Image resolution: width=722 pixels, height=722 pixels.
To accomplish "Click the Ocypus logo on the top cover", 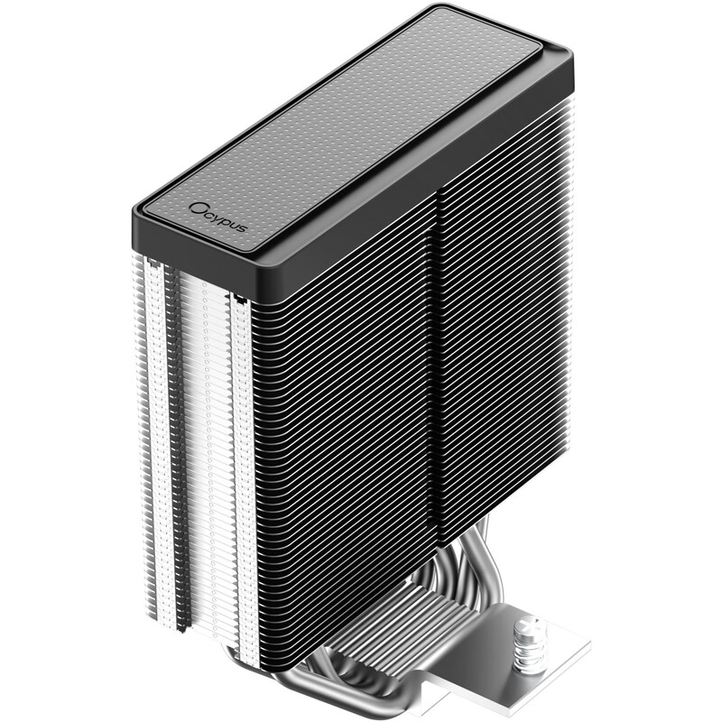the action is [x=218, y=217].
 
